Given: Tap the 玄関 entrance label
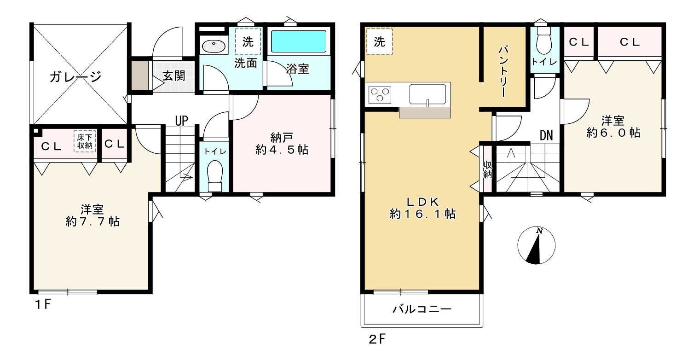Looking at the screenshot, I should [174, 75].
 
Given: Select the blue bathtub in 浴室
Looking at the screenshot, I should [299, 42].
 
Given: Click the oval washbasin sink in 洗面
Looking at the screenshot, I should [214, 46].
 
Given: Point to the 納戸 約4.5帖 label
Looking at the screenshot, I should [282, 143].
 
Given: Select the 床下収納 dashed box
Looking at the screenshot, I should [85, 141].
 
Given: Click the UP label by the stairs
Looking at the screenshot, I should [181, 121].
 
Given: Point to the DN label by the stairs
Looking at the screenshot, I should [546, 135].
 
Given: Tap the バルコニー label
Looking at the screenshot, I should [422, 309].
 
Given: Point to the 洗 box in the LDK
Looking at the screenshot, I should [379, 42].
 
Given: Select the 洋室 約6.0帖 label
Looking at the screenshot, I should [613, 127].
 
